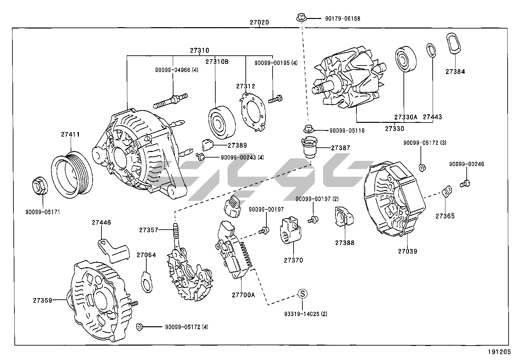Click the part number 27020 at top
tap(259, 23)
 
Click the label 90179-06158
tap(342, 19)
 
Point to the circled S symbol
tap(302, 294)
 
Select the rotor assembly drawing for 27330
tap(350, 79)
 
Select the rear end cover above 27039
tap(394, 198)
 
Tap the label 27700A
tap(243, 295)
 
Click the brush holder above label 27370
tap(291, 231)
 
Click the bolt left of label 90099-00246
tap(465, 183)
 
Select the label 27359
tap(42, 300)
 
